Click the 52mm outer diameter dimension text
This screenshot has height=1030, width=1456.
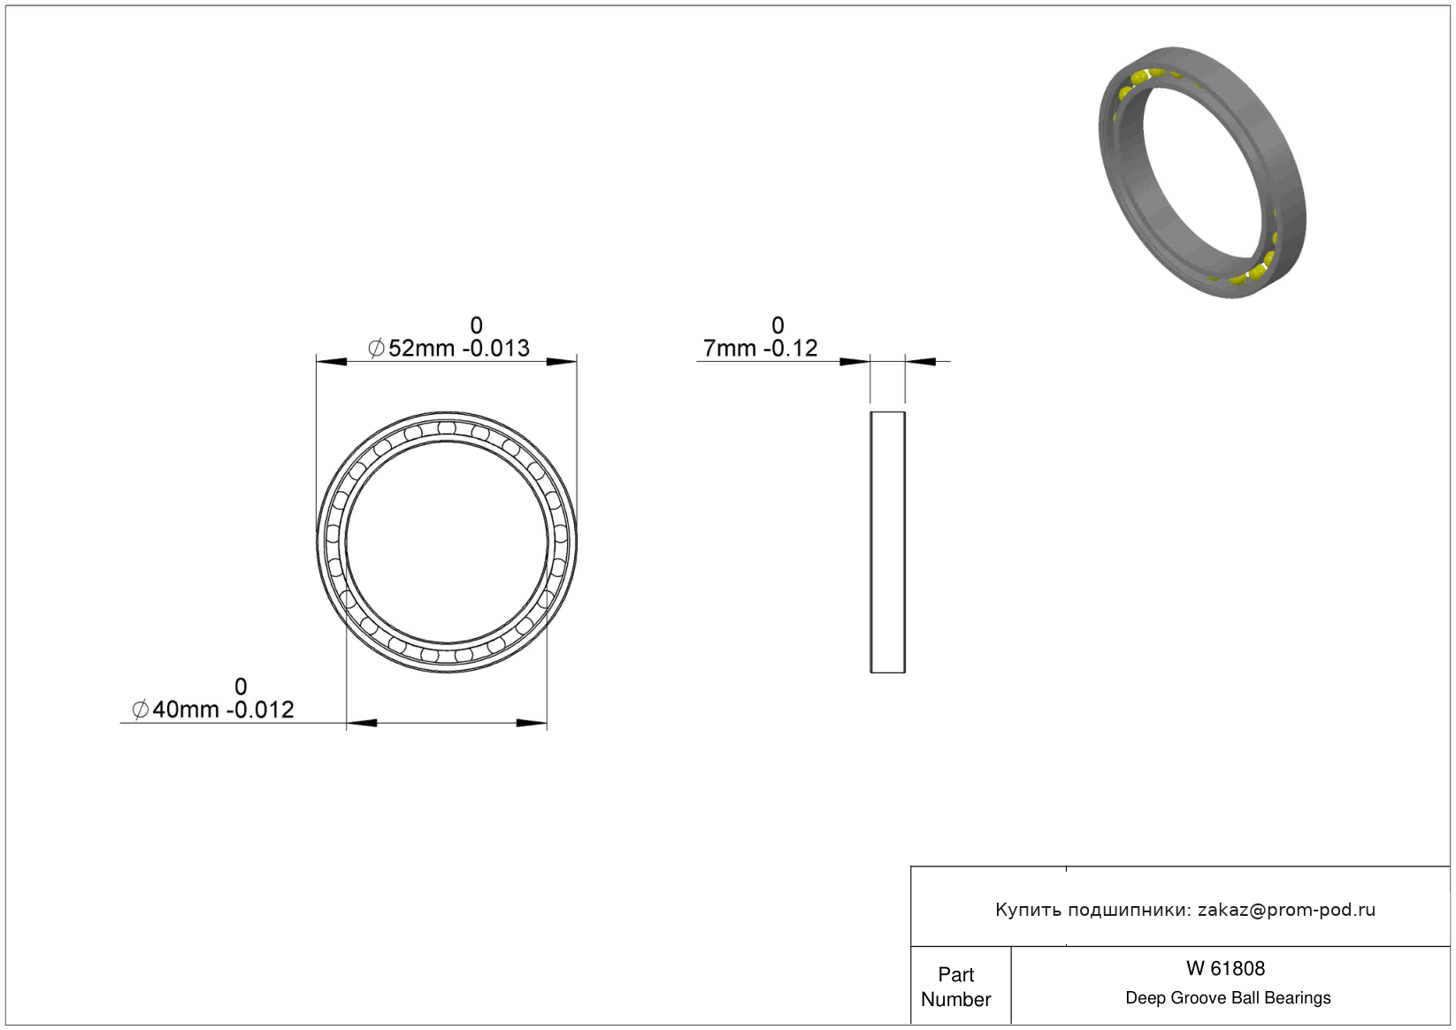pos(449,349)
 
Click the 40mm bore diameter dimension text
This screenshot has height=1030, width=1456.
pos(213,710)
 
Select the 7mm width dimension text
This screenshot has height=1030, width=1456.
pos(761,349)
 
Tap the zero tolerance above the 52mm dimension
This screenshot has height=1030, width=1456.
pos(477,325)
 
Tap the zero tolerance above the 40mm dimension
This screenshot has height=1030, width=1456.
pos(241,687)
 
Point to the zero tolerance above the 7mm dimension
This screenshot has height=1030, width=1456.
pos(778,325)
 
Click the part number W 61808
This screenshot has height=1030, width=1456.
pos(1225,969)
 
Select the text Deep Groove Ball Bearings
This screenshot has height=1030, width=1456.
pos(1228,997)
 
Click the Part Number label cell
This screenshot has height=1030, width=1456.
pos(955,987)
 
